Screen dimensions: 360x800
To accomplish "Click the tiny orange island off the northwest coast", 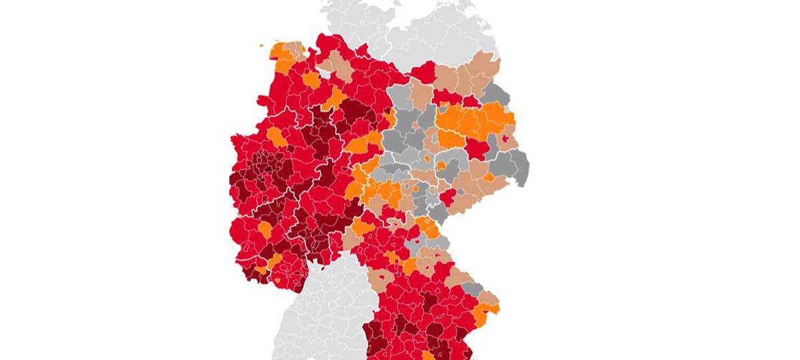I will pyautogui.click(x=261, y=46).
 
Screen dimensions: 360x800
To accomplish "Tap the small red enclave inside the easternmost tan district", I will pyautogui.click(x=506, y=138).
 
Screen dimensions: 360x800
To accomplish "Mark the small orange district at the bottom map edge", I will pyautogui.click(x=427, y=354).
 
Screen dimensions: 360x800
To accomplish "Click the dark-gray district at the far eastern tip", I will pyautogui.click(x=518, y=167).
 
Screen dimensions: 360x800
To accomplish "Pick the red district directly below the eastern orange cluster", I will pyautogui.click(x=477, y=147).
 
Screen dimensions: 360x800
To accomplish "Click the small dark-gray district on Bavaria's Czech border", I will pyautogui.click(x=473, y=289).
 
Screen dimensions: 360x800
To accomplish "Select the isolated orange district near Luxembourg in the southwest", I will pyautogui.click(x=265, y=229).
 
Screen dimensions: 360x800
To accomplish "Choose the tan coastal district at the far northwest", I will pyautogui.click(x=293, y=49).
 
